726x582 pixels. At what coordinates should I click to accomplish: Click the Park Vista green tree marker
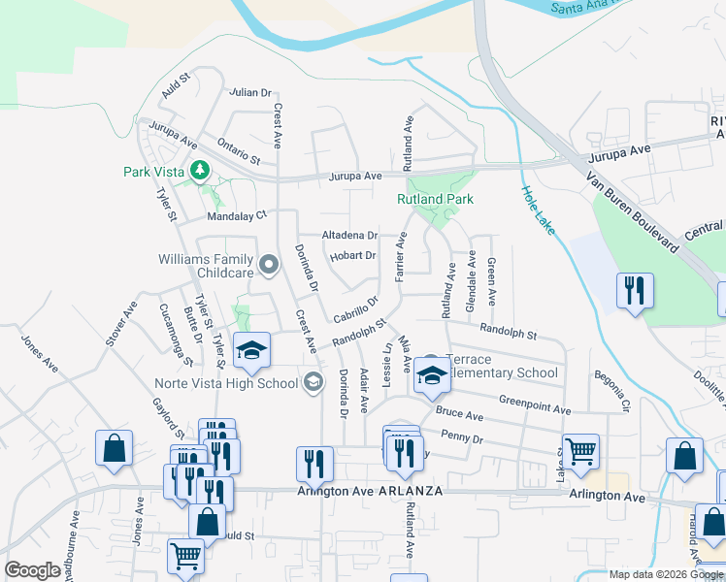(x=200, y=172)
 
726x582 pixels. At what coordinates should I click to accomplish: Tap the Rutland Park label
(x=435, y=199)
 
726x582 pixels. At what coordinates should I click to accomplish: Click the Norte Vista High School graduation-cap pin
(x=313, y=382)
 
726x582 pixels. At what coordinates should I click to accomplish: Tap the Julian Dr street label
(x=250, y=93)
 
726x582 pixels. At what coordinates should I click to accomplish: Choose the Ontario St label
(x=239, y=149)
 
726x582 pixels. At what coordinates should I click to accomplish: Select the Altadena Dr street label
(x=349, y=236)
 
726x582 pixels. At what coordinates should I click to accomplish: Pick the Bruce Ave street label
(x=459, y=414)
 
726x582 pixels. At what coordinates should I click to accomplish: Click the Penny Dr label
(x=461, y=438)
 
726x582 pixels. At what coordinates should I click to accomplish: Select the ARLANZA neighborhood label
(x=411, y=491)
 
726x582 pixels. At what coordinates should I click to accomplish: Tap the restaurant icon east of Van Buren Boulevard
(x=635, y=290)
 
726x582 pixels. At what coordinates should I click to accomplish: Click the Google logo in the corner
(x=32, y=570)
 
